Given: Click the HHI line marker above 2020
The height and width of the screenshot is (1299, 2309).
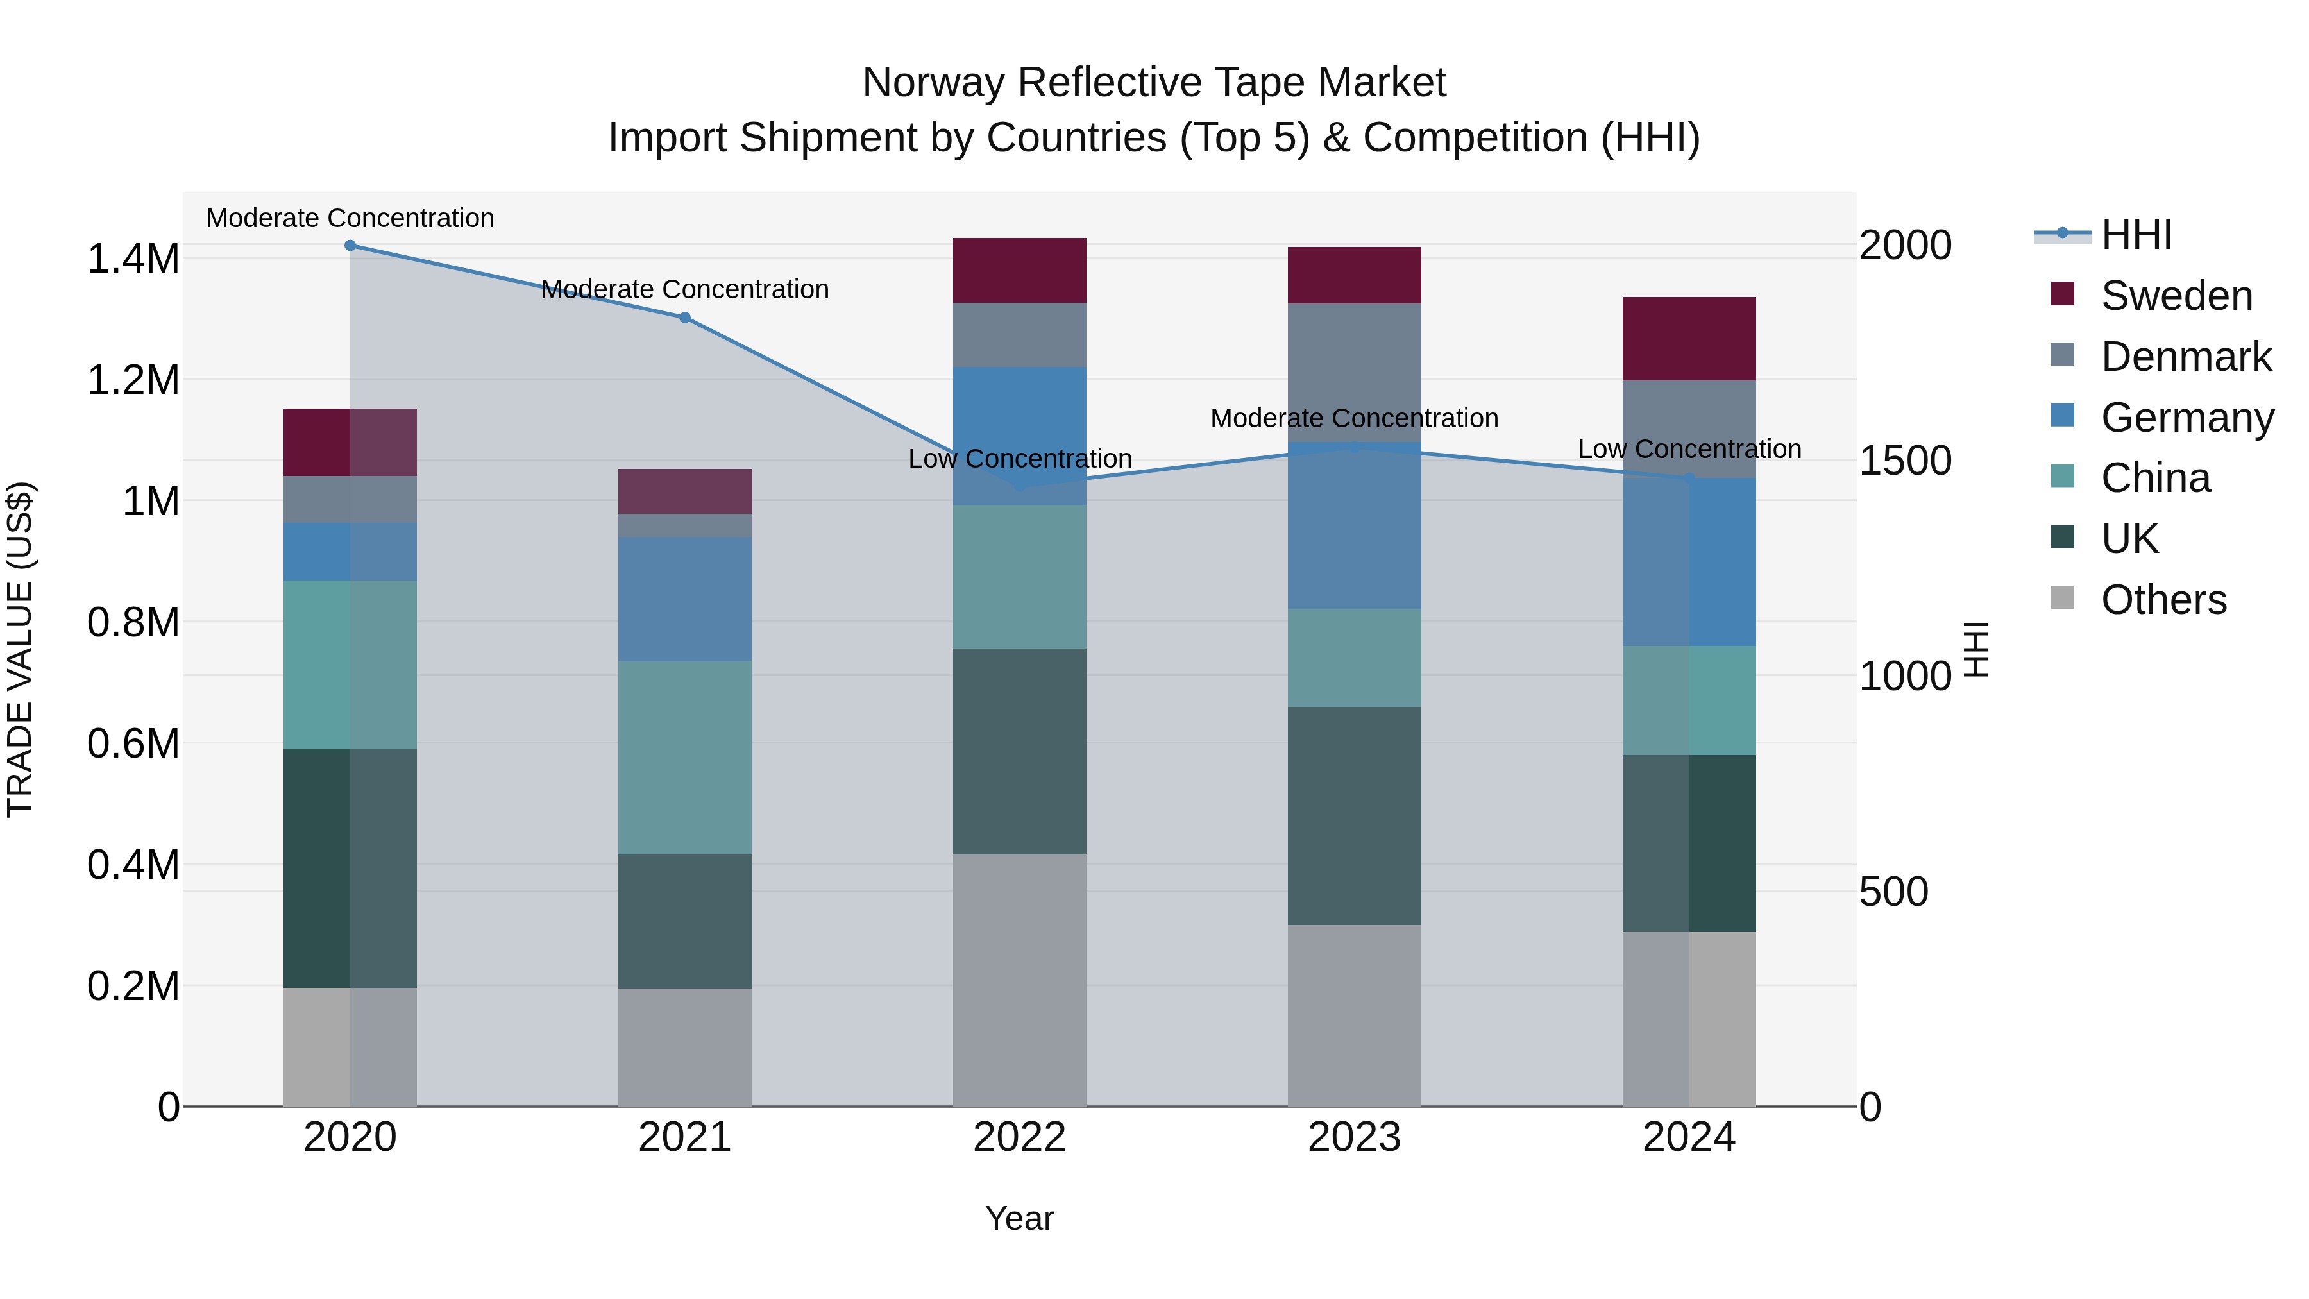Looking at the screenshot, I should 350,246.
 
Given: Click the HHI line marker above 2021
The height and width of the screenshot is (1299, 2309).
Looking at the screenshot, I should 685,318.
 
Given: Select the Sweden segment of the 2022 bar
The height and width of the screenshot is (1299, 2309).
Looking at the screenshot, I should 1019,271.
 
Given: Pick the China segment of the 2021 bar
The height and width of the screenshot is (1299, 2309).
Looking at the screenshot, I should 685,758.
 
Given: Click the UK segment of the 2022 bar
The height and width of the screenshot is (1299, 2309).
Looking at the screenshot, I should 1019,751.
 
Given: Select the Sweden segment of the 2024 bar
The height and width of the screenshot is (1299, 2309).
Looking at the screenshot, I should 1689,339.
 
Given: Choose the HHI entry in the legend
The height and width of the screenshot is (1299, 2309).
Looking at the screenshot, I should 2135,235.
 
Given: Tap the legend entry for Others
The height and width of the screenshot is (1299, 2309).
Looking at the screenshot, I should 2162,600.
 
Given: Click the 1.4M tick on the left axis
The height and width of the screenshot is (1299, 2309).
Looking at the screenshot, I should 133,259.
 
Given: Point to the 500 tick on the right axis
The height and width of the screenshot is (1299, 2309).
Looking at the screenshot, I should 1893,892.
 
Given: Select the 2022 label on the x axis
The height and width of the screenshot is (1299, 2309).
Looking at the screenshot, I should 1019,1137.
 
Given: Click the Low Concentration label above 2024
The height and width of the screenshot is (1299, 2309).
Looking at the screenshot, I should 1689,449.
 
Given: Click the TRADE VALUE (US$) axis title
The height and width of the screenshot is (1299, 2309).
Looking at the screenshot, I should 20,649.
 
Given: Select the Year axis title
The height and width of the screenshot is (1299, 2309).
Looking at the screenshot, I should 1019,1218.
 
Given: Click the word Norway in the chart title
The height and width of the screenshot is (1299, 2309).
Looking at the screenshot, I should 931,83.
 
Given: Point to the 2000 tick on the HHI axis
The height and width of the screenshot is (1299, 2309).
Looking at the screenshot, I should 1905,246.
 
